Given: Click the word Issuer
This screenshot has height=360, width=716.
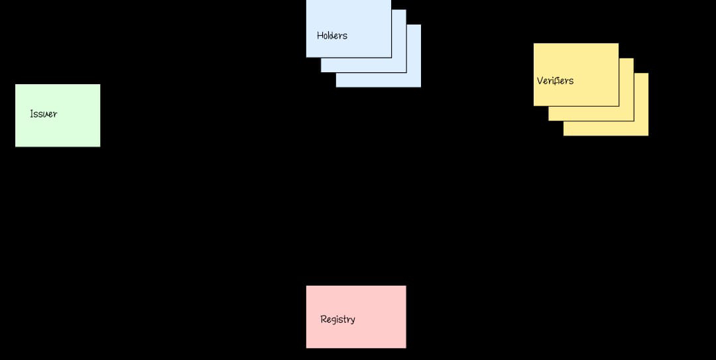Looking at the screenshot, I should pyautogui.click(x=43, y=114).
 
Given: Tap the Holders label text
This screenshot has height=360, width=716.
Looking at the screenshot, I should pyautogui.click(x=331, y=36).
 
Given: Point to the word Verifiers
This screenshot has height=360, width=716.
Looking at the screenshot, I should pyautogui.click(x=555, y=81).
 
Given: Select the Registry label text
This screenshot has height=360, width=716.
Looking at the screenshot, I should pyautogui.click(x=337, y=320).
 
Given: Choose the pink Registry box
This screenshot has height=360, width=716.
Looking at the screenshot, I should pyautogui.click(x=356, y=335).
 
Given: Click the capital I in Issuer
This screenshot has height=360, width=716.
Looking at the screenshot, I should pyautogui.click(x=31, y=114).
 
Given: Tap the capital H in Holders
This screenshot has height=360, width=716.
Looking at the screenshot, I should pyautogui.click(x=320, y=36).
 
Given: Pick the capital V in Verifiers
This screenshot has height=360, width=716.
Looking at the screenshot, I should pyautogui.click(x=540, y=81).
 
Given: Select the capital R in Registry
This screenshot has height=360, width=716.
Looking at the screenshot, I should pyautogui.click(x=323, y=320).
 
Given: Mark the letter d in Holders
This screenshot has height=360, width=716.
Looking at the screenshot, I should pyautogui.click(x=335, y=36).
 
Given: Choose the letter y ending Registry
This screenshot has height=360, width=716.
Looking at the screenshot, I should pyautogui.click(x=353, y=321).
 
